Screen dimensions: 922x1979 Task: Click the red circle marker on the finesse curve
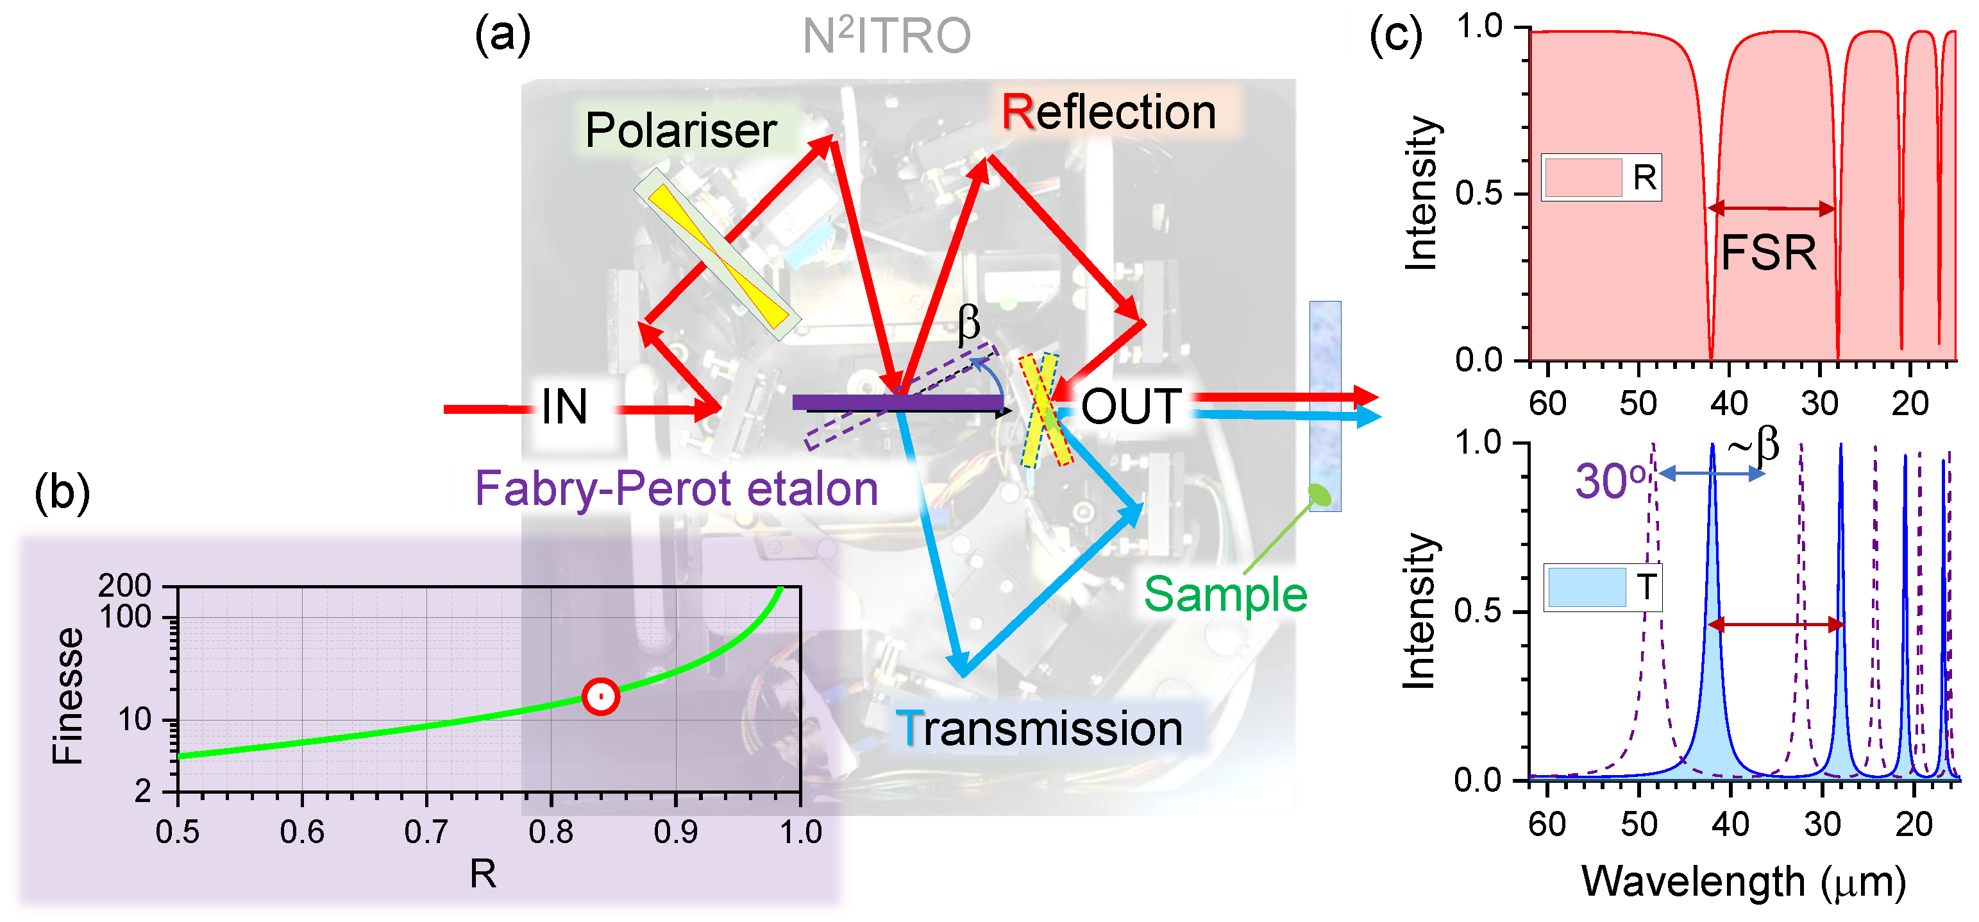[600, 696]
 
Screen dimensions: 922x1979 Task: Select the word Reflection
[1109, 112]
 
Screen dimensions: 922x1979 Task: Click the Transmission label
[1040, 728]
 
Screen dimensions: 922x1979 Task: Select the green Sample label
[1225, 595]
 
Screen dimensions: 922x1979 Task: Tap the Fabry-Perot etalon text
[676, 489]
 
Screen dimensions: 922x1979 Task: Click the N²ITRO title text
[886, 36]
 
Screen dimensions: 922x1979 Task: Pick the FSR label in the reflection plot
[1769, 253]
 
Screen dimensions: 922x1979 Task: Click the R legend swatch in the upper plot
[1583, 178]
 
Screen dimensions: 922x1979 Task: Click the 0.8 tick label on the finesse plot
[551, 832]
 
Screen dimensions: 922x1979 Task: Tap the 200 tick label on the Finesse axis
[124, 585]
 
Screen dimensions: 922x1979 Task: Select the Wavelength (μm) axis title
[1743, 882]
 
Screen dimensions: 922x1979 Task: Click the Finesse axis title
[67, 696]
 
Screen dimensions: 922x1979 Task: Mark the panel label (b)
[62, 493]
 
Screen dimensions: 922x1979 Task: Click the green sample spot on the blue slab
[1320, 495]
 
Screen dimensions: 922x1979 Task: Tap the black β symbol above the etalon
[970, 322]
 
